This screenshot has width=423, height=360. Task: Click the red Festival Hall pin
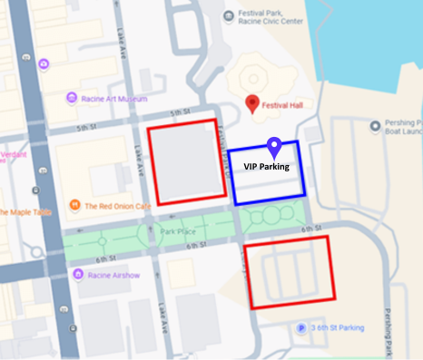253,102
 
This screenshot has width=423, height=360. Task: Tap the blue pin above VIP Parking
274,146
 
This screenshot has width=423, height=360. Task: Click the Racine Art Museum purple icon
71,98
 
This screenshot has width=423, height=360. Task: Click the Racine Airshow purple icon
69,274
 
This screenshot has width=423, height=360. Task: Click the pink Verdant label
14,157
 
